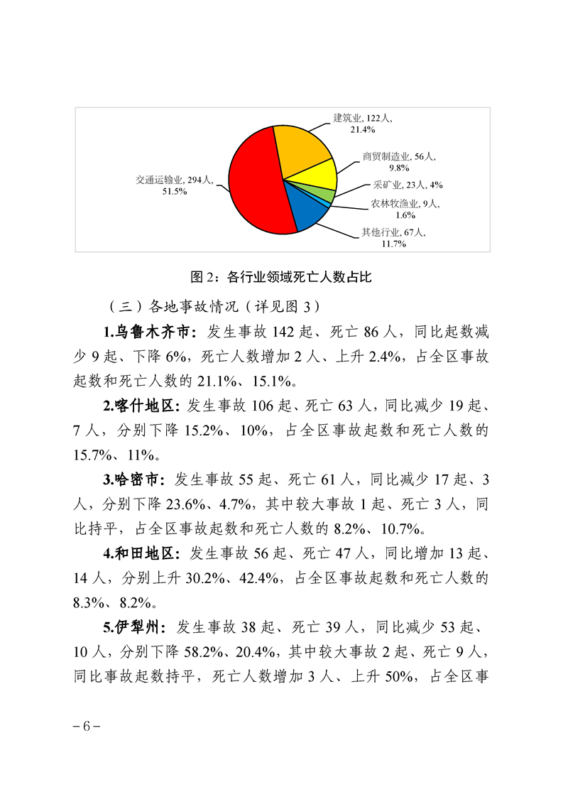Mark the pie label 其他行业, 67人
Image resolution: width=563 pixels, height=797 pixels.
point(393,232)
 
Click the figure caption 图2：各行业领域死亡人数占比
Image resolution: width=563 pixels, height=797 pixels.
point(282,277)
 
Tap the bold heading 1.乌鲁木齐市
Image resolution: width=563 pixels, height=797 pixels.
point(148,331)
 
